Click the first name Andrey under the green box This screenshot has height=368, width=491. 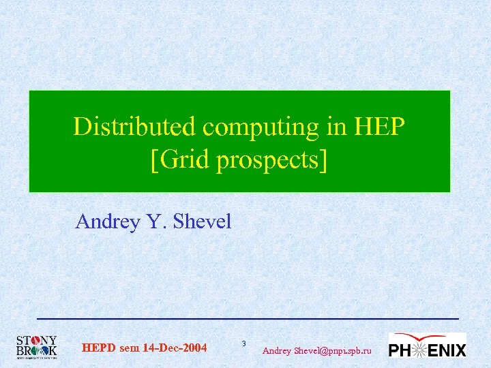click(x=106, y=222)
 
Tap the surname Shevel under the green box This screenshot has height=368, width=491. click(x=203, y=222)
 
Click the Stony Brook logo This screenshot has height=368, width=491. click(x=36, y=347)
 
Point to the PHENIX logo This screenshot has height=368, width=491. click(x=427, y=346)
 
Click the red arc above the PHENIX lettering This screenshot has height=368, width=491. click(x=423, y=337)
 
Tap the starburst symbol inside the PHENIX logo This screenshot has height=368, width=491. click(x=419, y=350)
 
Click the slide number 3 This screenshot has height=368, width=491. click(x=244, y=342)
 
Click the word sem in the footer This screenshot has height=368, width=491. click(x=129, y=349)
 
